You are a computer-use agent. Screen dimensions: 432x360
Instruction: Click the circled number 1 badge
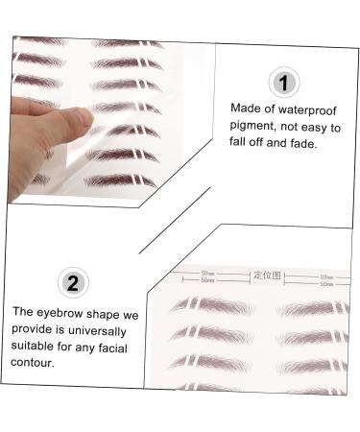(x=284, y=83)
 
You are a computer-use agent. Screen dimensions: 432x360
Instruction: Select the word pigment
(x=252, y=125)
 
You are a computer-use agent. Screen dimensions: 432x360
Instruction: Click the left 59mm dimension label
(x=207, y=276)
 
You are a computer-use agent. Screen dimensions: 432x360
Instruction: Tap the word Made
(x=246, y=108)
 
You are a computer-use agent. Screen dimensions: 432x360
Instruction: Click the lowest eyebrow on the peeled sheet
(x=120, y=180)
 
